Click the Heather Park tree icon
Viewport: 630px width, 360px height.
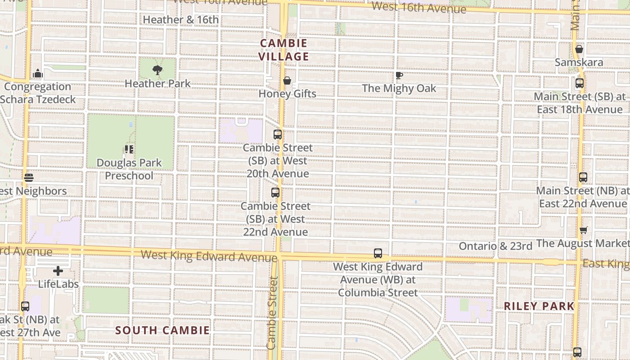click(x=157, y=70)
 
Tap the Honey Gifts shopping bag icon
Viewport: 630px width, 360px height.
click(x=287, y=81)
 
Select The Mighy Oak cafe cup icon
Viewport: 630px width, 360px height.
click(x=399, y=75)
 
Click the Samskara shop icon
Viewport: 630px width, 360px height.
click(x=579, y=49)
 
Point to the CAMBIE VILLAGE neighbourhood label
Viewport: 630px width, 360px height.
click(x=284, y=50)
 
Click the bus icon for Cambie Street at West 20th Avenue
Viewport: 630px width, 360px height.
click(x=278, y=134)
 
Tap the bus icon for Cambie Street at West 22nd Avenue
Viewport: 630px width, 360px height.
click(x=275, y=193)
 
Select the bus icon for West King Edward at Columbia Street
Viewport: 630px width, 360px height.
click(x=378, y=253)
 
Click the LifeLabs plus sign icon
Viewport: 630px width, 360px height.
click(x=58, y=271)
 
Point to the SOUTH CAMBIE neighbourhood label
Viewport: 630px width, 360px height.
click(x=162, y=330)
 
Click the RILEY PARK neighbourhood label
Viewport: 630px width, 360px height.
click(x=539, y=306)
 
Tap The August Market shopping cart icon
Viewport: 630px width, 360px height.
click(x=584, y=230)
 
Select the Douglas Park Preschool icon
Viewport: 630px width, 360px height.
click(x=130, y=149)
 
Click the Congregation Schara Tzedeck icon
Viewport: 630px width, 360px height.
click(x=38, y=73)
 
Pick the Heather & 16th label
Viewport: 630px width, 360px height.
click(x=181, y=20)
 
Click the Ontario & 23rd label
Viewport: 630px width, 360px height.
click(x=495, y=246)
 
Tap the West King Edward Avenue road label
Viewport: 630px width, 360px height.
click(x=209, y=256)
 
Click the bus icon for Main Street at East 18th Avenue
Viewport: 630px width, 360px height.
click(x=580, y=83)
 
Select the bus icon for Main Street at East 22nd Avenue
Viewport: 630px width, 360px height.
click(x=583, y=177)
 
